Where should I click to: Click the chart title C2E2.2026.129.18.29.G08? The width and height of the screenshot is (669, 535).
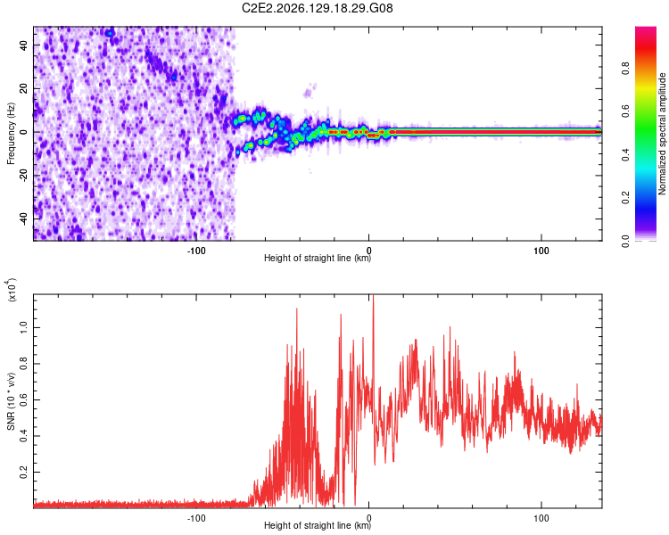(x=317, y=8)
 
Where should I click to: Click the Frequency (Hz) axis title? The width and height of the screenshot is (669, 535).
(x=11, y=134)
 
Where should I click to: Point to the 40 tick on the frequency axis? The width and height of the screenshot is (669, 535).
(x=23, y=45)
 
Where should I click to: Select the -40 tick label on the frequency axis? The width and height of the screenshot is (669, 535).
(x=23, y=219)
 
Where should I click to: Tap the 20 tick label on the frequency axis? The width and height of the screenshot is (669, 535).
(x=23, y=88)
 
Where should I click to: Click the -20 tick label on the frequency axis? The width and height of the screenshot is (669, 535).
(x=23, y=176)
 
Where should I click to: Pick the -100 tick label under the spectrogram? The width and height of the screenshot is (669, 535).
(x=196, y=251)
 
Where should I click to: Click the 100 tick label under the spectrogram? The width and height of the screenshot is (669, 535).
(x=541, y=251)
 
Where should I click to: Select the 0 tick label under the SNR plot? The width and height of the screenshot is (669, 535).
(x=369, y=518)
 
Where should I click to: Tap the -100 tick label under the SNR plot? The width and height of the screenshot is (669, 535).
(x=196, y=518)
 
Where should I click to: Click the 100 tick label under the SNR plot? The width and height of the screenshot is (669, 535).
(x=541, y=518)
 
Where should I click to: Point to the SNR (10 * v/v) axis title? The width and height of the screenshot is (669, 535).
(x=11, y=401)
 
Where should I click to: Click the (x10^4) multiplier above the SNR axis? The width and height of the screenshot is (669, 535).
(x=12, y=289)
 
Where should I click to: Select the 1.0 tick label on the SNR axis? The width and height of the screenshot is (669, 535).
(x=23, y=327)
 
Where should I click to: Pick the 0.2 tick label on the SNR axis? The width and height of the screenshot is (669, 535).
(x=23, y=472)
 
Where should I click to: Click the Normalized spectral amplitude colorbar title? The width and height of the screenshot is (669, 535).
(x=662, y=134)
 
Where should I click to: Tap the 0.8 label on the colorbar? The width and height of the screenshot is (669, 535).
(x=625, y=69)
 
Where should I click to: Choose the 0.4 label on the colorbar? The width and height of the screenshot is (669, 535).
(x=625, y=155)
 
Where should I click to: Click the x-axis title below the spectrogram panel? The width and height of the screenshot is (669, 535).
(x=318, y=258)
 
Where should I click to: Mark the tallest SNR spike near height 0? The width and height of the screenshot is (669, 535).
(x=374, y=296)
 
